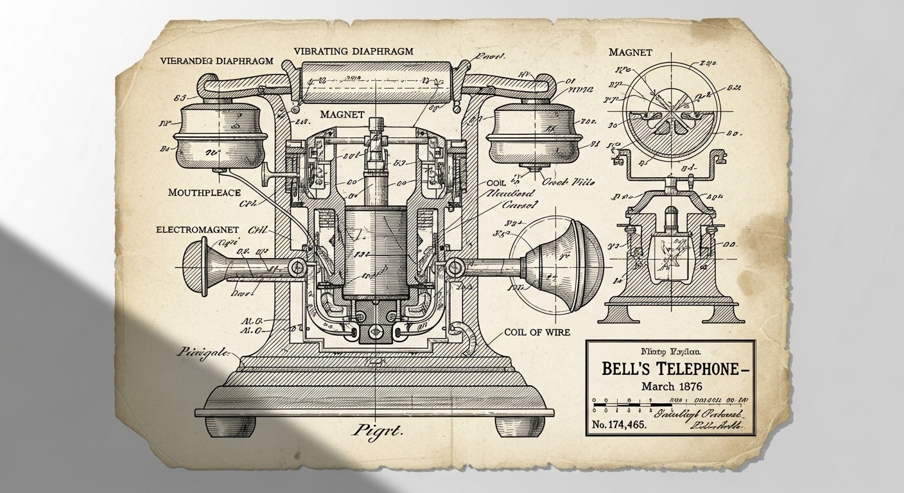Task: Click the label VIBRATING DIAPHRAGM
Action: click(x=353, y=51)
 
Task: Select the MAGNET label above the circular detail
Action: click(x=630, y=52)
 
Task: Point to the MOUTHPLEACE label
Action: click(x=204, y=192)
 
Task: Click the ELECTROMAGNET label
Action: click(x=197, y=229)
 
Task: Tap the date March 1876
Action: click(x=671, y=387)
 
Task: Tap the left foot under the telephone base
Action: click(x=231, y=426)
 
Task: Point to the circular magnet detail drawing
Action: click(x=674, y=105)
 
